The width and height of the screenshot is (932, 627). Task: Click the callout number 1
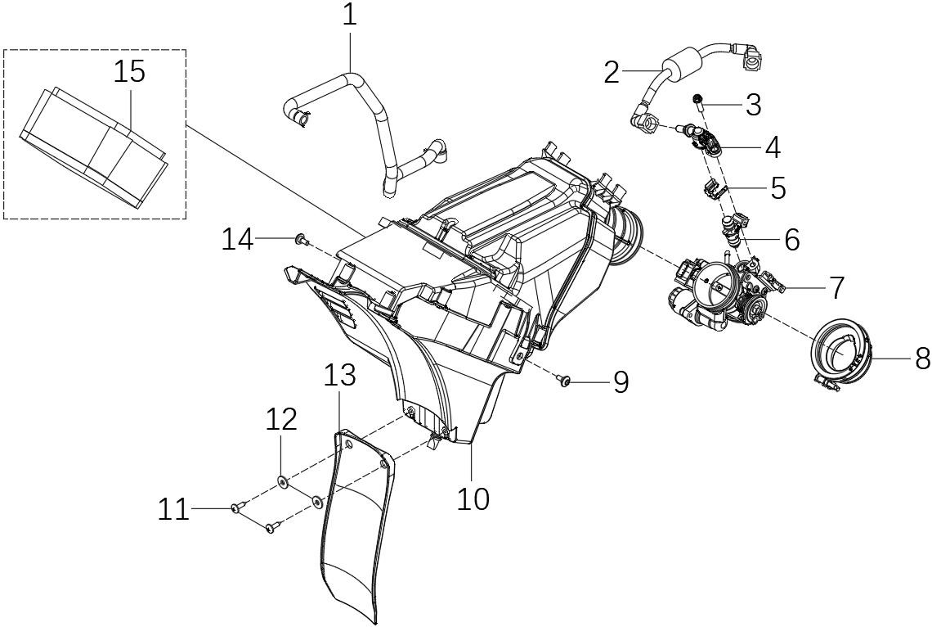[x=350, y=16]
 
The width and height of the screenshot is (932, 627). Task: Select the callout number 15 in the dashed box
[x=129, y=71]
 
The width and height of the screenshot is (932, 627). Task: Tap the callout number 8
[x=922, y=358]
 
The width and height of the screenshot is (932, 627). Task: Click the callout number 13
[x=339, y=376]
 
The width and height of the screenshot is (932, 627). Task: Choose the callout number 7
[x=836, y=287]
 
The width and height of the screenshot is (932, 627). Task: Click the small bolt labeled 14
[x=301, y=239]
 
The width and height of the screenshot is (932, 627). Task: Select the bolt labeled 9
[x=564, y=380]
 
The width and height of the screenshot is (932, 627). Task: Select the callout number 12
[x=280, y=420]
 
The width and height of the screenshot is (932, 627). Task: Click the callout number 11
[x=173, y=510]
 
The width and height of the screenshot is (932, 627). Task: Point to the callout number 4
[x=772, y=147]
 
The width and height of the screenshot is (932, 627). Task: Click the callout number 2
[x=612, y=72]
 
